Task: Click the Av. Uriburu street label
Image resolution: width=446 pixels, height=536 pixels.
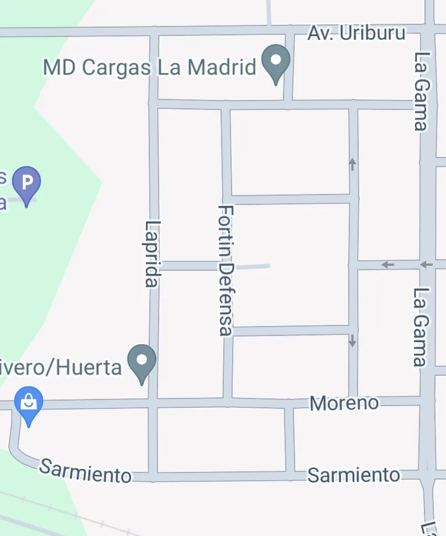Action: [356, 33]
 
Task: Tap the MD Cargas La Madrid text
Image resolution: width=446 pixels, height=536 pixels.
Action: [149, 67]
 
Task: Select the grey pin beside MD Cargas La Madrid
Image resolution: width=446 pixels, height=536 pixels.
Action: [276, 62]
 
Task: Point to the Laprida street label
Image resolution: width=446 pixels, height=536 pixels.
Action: [152, 254]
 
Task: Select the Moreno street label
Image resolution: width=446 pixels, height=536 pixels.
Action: [344, 403]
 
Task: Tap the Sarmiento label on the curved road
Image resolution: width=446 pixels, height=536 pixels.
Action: [86, 471]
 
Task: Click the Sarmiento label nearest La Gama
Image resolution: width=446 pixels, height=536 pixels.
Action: [354, 475]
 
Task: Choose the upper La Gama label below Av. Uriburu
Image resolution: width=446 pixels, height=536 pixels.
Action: [422, 91]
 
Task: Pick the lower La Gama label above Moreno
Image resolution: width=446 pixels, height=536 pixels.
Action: [422, 327]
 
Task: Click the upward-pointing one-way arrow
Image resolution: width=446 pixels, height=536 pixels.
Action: [353, 164]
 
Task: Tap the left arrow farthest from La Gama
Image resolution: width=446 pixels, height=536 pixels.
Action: [387, 265]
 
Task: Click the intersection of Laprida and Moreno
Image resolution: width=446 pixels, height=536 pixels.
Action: [153, 402]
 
